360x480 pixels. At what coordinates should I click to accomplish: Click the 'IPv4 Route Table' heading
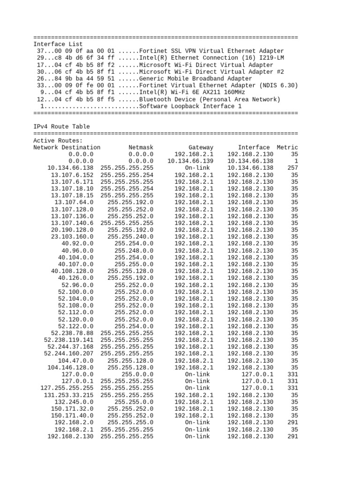point(61,127)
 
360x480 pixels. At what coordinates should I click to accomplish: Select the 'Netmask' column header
point(141,147)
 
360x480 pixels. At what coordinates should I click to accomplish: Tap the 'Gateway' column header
point(201,147)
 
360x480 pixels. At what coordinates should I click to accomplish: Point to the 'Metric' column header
point(287,147)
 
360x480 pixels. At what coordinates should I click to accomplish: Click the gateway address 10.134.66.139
point(190,161)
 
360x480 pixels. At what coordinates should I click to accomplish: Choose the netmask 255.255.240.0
point(130,237)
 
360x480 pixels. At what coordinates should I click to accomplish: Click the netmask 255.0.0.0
point(137,375)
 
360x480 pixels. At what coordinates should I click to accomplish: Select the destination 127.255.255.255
point(67,388)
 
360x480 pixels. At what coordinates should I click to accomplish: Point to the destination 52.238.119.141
point(68,340)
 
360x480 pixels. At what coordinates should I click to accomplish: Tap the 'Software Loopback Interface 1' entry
point(190,106)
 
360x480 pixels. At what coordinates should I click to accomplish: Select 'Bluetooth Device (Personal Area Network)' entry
point(210,99)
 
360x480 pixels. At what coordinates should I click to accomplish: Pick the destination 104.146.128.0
point(70,367)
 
